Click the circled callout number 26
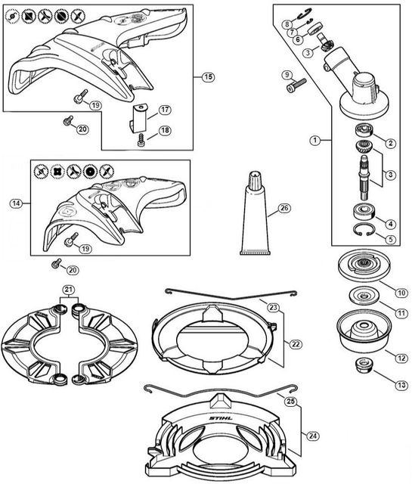(x=284, y=209)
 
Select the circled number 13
(x=401, y=385)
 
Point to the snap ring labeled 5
(x=364, y=230)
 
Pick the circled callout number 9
(x=287, y=75)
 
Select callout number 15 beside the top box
(x=209, y=76)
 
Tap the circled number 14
(x=16, y=203)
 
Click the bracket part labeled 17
(x=138, y=118)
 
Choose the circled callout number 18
(x=165, y=130)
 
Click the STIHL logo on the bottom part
(x=221, y=418)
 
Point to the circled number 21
(x=69, y=290)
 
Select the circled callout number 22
(x=296, y=344)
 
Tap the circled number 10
(x=401, y=293)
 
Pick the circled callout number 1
(x=314, y=141)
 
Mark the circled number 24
(x=313, y=436)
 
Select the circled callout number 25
(x=291, y=402)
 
